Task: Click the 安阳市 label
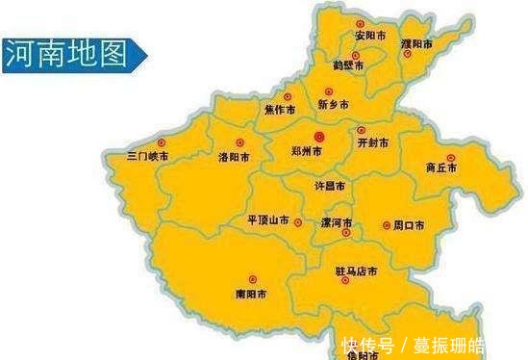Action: point(370,36)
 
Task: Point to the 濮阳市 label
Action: point(415,45)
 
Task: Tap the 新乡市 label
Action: point(333,104)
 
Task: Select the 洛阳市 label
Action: point(235,156)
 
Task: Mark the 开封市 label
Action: point(373,142)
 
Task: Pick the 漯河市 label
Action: point(337,222)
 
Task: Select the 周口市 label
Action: point(409,226)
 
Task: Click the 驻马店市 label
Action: point(356,272)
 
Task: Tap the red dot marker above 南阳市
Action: point(252,278)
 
